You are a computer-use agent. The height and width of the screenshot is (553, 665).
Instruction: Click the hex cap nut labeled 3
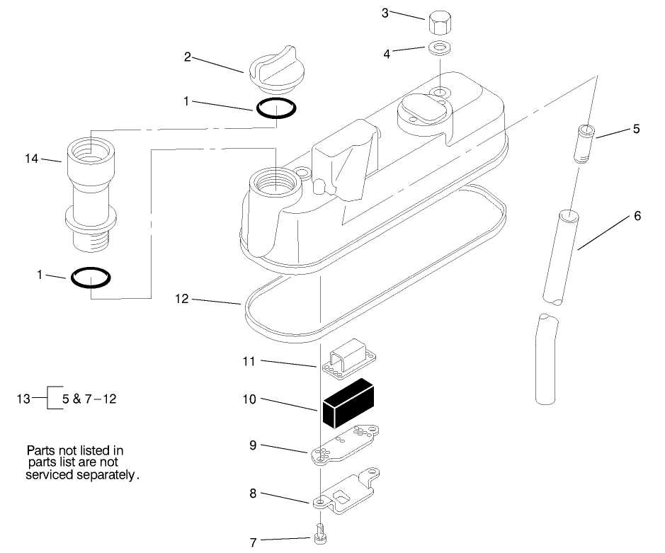click(x=441, y=23)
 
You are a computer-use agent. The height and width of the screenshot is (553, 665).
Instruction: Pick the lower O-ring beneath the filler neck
click(x=90, y=278)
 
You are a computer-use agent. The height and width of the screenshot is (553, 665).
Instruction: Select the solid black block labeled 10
click(x=348, y=403)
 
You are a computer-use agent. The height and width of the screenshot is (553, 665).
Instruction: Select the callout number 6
click(x=637, y=216)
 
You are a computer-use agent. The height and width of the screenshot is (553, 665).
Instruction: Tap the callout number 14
click(x=32, y=159)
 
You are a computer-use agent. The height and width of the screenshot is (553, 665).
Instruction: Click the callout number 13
click(x=24, y=399)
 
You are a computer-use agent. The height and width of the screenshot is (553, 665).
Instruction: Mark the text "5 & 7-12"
click(x=89, y=399)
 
